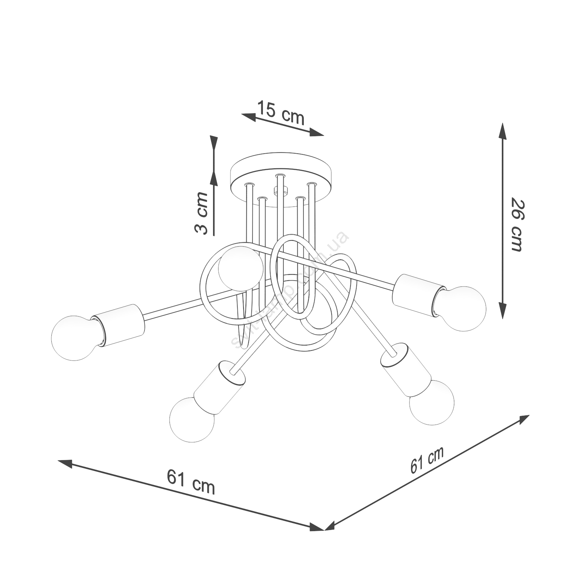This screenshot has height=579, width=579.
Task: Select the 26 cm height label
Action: tap(516, 225)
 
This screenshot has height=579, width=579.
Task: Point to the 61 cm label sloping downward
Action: tap(191, 482)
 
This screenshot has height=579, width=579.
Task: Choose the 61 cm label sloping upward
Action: tap(427, 459)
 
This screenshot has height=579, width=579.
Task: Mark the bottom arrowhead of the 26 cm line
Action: tap(502, 311)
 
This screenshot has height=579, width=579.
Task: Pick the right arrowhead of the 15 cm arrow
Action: tap(317, 133)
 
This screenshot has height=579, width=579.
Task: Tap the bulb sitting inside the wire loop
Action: tap(240, 269)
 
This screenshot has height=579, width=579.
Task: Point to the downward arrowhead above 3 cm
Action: tap(213, 144)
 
